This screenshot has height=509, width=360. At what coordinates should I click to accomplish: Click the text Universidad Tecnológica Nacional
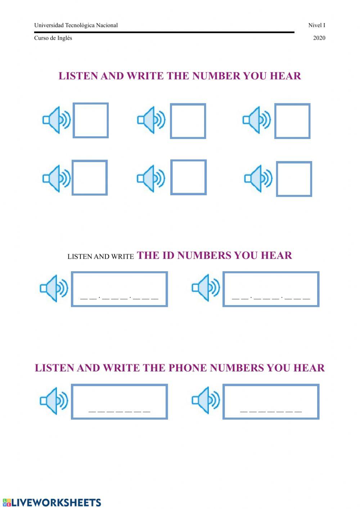coord(76,25)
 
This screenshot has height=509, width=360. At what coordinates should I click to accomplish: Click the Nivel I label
coord(316,25)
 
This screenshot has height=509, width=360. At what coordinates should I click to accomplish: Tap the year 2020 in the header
coord(319,38)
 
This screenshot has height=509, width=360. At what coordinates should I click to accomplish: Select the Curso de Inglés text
coord(53,38)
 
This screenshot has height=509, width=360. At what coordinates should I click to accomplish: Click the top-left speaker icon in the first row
coord(57,120)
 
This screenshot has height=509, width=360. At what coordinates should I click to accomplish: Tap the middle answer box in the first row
coord(188,121)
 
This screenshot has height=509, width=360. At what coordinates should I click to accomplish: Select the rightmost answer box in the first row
coord(292,121)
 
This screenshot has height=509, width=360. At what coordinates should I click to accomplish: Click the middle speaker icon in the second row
coord(151,178)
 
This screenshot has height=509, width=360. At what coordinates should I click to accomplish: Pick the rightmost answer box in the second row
coord(294,179)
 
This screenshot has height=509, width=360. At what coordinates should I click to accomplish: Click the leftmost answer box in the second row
coord(90,178)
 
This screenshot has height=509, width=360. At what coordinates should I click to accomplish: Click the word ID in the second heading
coord(168,255)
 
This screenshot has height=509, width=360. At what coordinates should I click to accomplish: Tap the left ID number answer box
coord(120,289)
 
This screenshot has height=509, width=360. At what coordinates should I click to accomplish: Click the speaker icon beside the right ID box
coord(206,287)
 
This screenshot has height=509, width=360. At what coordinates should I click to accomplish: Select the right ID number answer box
coord(271,289)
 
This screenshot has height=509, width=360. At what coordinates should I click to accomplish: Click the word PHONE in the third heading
coord(188,368)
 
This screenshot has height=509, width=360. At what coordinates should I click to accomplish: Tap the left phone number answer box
coord(120,401)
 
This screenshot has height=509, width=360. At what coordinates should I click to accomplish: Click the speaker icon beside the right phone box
coord(206,400)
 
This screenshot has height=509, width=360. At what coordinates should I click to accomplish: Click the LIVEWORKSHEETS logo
coord(52,503)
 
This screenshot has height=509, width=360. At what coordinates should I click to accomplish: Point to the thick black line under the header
coord(164,32)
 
